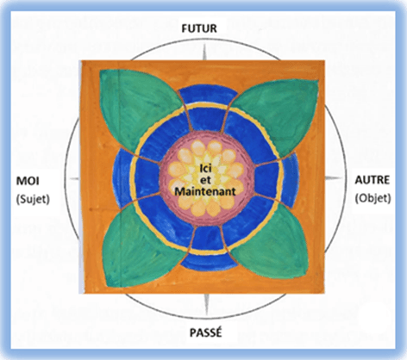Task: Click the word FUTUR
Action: pos(199,28)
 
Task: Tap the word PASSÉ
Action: pos(206,332)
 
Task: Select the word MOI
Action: pos(28,181)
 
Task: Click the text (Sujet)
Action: pos(33,199)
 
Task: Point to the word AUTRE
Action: pos(373,180)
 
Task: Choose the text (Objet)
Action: pos(373,198)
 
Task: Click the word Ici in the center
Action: pos(205,169)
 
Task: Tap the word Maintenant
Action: pos(205,191)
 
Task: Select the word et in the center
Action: pos(205,180)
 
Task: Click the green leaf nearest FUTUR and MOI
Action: pos(138,108)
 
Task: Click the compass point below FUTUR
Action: pos(204,53)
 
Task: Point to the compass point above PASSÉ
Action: pos(206,304)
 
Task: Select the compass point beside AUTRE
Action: pos(334,178)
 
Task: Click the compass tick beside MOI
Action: pos(75,179)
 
